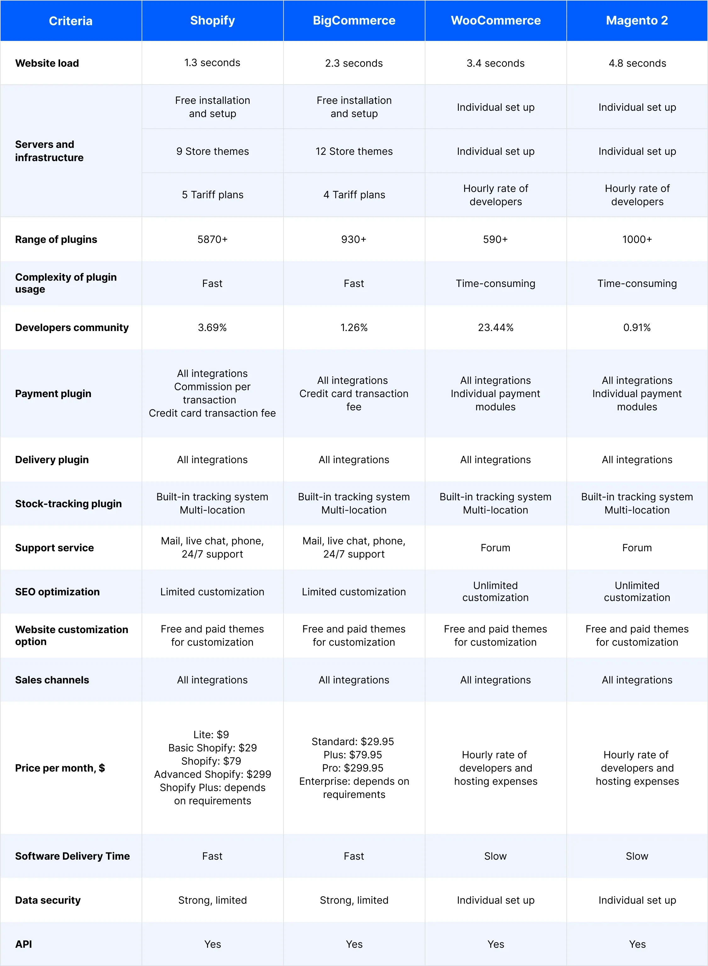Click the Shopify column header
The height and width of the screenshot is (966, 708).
(x=213, y=20)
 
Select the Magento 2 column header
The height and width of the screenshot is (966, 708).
(x=637, y=20)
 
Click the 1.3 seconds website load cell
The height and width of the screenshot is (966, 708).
(x=213, y=63)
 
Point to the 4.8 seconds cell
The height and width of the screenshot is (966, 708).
(x=637, y=63)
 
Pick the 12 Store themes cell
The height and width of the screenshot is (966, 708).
(x=354, y=151)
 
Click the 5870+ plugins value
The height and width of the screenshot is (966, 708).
(x=213, y=239)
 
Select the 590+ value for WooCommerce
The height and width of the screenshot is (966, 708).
(x=495, y=239)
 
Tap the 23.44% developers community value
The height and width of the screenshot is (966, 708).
(x=495, y=328)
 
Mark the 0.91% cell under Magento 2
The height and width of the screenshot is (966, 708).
(x=637, y=328)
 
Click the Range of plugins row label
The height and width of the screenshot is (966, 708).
(x=56, y=239)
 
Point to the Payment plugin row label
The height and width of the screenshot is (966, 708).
(x=53, y=393)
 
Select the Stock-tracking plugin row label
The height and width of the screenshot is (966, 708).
(x=69, y=503)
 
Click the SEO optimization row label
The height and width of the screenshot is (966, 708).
(x=58, y=592)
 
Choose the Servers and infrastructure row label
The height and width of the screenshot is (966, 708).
(x=49, y=151)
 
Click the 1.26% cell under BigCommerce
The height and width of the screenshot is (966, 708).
(x=354, y=328)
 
